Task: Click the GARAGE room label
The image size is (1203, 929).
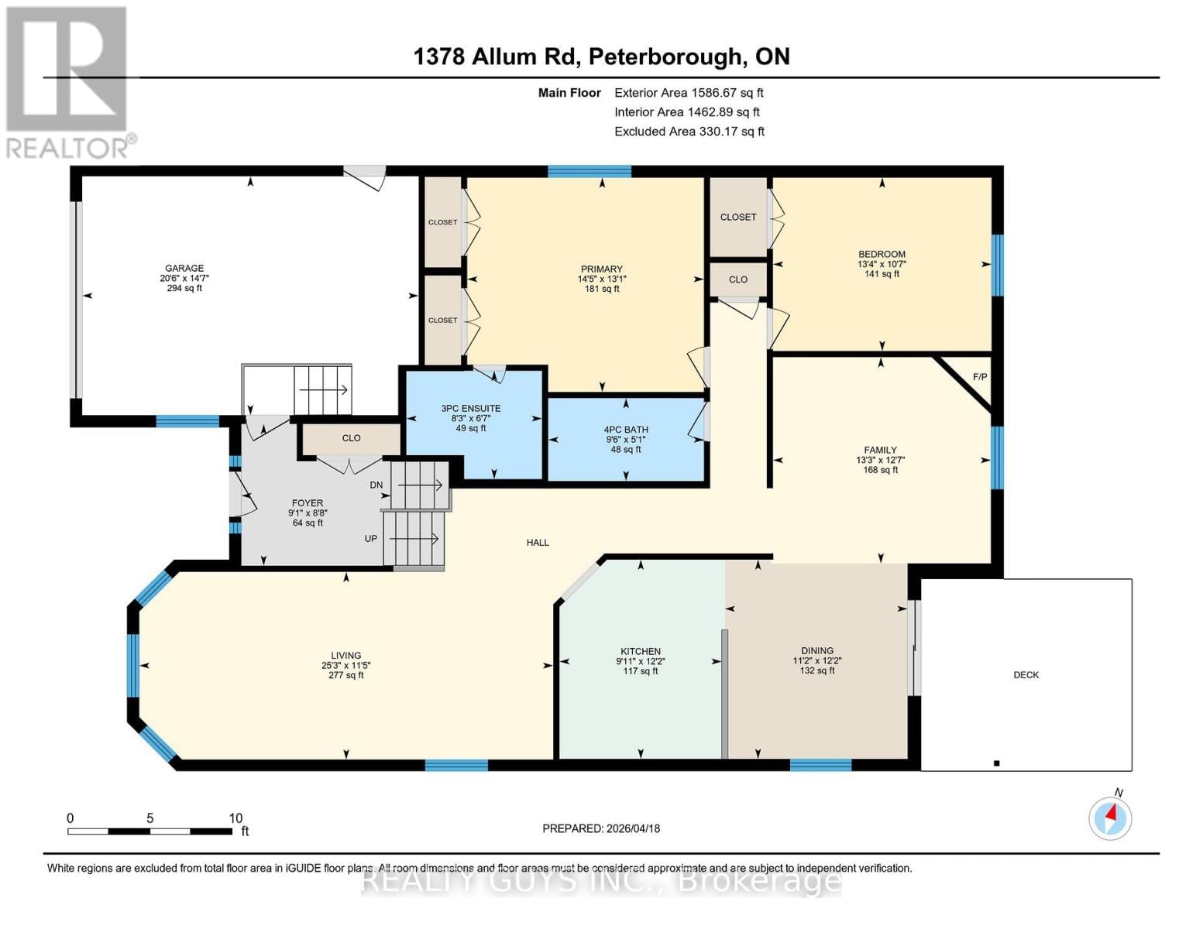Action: (x=184, y=268)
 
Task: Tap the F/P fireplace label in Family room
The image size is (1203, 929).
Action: (x=980, y=377)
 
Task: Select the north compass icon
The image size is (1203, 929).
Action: (x=1110, y=818)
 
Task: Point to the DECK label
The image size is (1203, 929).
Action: (x=1026, y=675)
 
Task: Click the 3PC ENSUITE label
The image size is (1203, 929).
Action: (x=471, y=408)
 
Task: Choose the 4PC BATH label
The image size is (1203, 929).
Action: (x=626, y=430)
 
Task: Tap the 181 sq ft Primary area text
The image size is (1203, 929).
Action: (x=602, y=289)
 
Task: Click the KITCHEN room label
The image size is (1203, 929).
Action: (x=641, y=651)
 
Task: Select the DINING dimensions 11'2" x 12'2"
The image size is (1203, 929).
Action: (x=817, y=661)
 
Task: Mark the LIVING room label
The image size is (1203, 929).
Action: (x=345, y=655)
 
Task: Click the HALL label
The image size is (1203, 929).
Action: (x=538, y=543)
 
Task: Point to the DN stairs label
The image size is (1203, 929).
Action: (x=376, y=485)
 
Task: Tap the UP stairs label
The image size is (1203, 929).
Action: (x=371, y=538)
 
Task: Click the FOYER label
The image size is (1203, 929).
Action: (x=308, y=502)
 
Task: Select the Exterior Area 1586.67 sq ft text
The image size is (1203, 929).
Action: (x=689, y=92)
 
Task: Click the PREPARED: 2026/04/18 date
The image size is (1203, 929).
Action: (x=601, y=828)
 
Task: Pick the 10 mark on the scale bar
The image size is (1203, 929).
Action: (x=235, y=818)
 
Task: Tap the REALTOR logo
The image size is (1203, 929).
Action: (x=68, y=81)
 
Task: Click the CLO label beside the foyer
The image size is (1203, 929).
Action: (x=351, y=438)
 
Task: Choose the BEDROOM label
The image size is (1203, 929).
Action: (x=882, y=254)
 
